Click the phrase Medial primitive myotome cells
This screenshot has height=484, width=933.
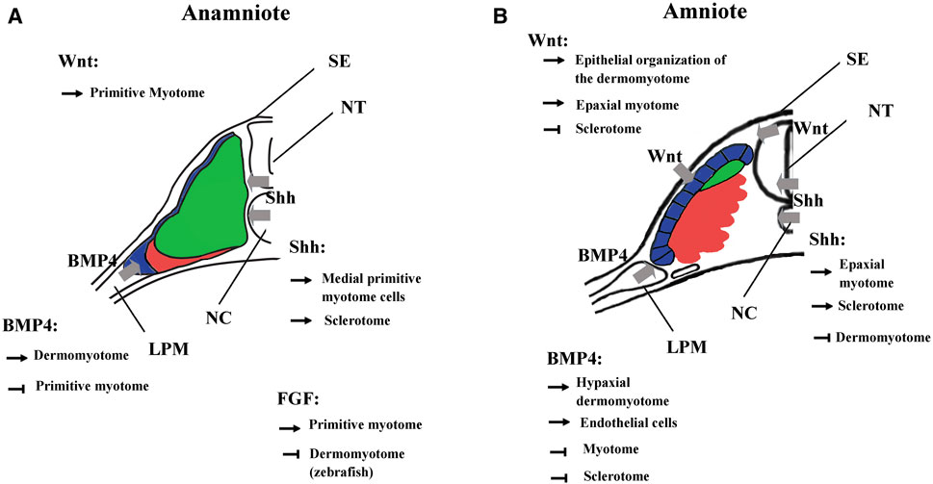(374, 287)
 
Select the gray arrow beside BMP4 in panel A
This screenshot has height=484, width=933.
(126, 271)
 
